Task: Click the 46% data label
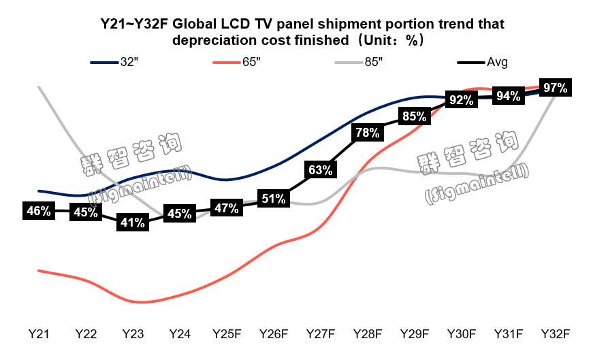(39, 211)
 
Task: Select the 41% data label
(131, 222)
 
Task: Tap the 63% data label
(319, 170)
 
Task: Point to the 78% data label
(367, 133)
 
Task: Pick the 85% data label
(414, 116)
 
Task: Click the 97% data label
(555, 87)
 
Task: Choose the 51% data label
(273, 199)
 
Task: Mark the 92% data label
(461, 100)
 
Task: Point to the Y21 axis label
(39, 334)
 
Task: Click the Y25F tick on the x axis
(227, 334)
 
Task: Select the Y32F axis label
(555, 334)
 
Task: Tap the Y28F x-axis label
(367, 334)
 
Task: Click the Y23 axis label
(133, 334)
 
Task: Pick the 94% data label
(508, 96)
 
